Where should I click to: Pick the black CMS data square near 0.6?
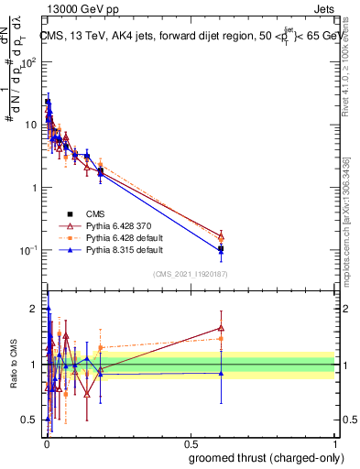(221, 248)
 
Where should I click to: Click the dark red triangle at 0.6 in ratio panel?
(221, 328)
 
